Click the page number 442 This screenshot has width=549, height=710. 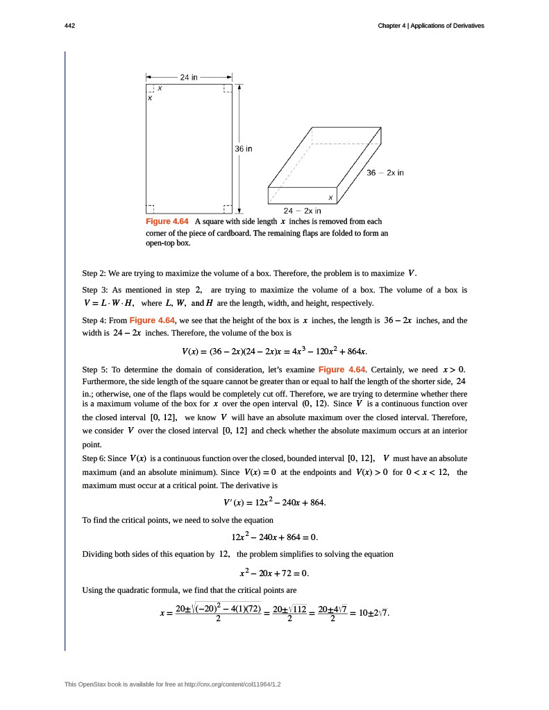coord(69,26)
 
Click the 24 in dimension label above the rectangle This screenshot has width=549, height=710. coord(189,77)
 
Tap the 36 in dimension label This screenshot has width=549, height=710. coord(243,148)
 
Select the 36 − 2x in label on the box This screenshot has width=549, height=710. coord(385,173)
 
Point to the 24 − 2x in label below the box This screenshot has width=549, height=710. coord(303,210)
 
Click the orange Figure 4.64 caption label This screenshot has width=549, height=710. coord(167,221)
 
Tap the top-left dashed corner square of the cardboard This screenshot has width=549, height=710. coord(150,88)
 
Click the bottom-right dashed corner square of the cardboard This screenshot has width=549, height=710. coord(228,209)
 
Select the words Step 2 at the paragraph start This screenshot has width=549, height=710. coord(94,272)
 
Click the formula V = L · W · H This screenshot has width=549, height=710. coord(108,303)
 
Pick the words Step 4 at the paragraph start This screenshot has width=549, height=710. coord(94,320)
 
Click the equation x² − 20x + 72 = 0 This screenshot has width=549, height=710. coord(274,573)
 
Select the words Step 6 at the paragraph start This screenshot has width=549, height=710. coord(94,459)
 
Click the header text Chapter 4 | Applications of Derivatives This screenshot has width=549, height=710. coord(430,26)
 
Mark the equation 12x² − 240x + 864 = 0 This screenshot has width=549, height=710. coord(274,537)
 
